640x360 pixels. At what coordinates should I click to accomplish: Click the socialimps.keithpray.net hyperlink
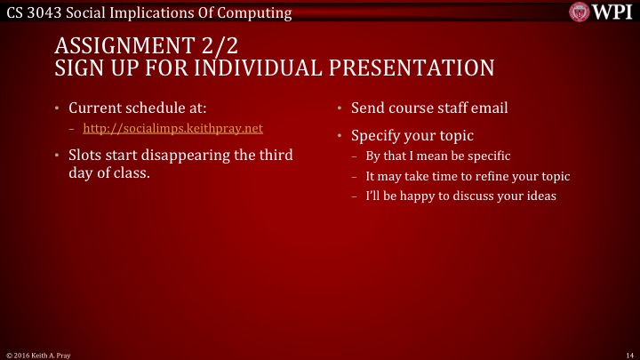click(179, 129)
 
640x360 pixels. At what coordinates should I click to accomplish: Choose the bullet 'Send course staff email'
click(429, 108)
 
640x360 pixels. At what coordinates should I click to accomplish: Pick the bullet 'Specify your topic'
click(412, 137)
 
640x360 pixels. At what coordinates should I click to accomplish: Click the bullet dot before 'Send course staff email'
click(339, 109)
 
